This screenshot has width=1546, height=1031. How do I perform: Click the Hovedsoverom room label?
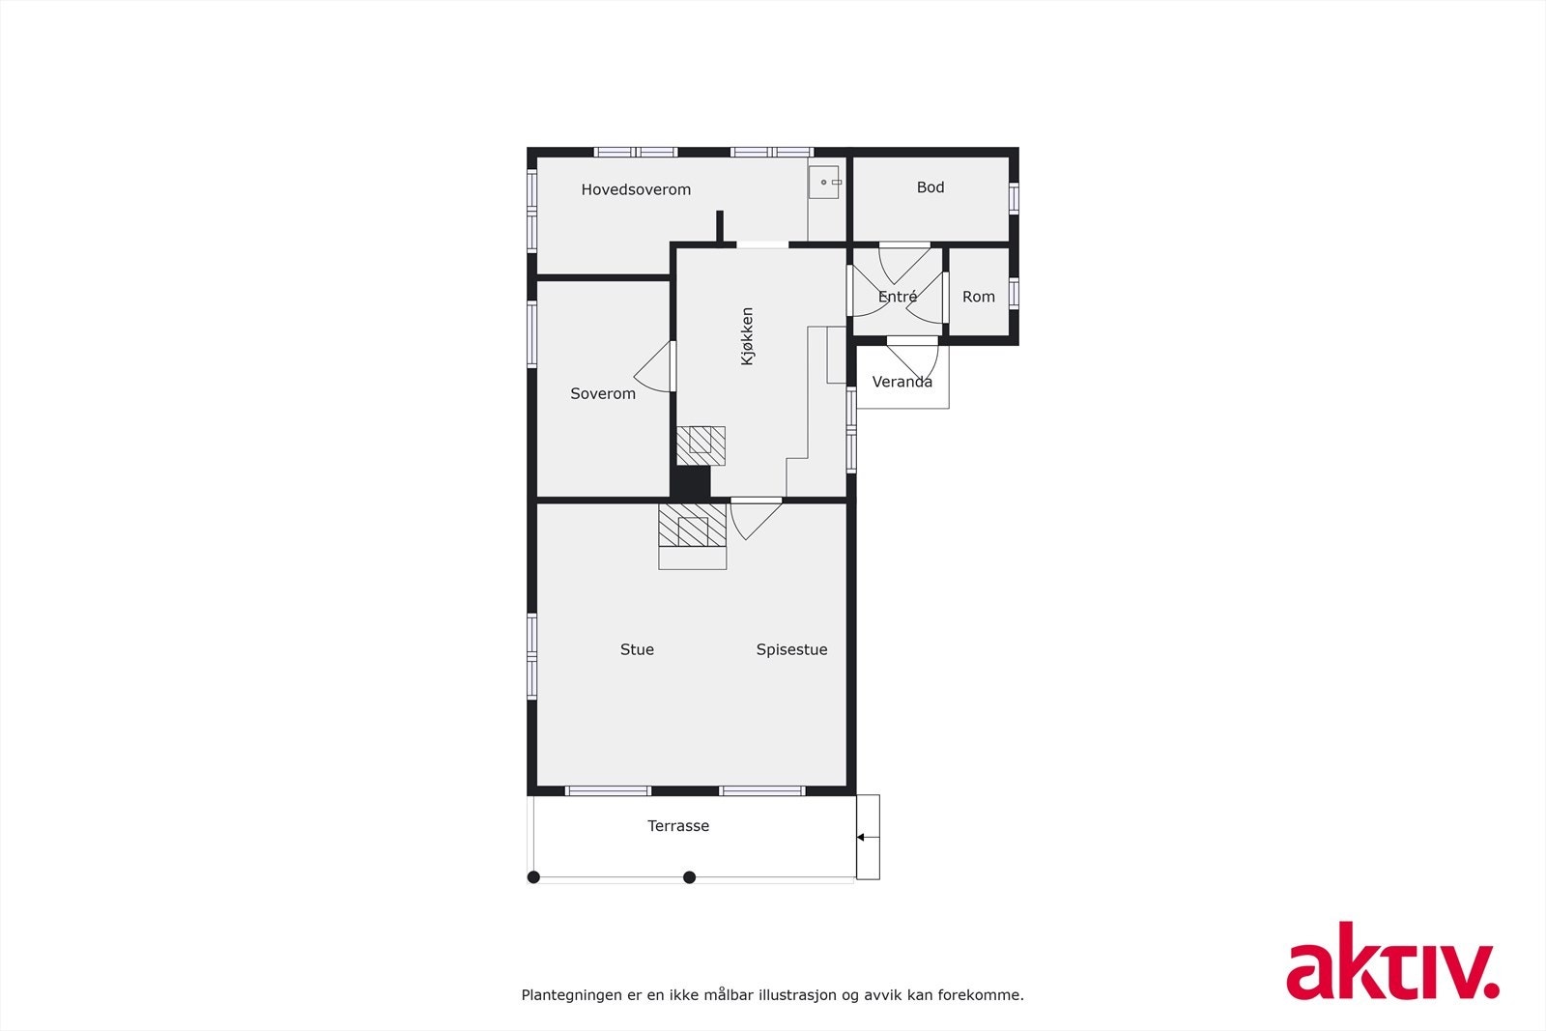tap(636, 190)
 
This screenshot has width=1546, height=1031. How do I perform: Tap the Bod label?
tap(930, 187)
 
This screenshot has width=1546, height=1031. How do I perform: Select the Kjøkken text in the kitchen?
tap(747, 336)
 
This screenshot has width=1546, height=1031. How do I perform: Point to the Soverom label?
tap(603, 394)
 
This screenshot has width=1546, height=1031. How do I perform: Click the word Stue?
tap(637, 650)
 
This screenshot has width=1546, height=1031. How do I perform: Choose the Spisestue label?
tap(791, 650)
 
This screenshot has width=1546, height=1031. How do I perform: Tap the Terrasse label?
tap(678, 826)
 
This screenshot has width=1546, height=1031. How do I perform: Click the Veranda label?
tap(902, 383)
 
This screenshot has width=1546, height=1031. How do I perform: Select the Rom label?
tap(979, 298)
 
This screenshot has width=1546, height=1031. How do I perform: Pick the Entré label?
tap(898, 298)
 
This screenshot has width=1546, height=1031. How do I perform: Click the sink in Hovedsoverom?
tap(824, 182)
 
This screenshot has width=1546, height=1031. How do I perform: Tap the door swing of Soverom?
tap(655, 368)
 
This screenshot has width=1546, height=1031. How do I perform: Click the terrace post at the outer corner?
tap(533, 877)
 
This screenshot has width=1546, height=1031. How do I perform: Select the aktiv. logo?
tap(1391, 961)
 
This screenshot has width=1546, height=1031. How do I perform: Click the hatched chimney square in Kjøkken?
tap(701, 444)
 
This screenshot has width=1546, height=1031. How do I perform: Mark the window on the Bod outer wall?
tap(1014, 198)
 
